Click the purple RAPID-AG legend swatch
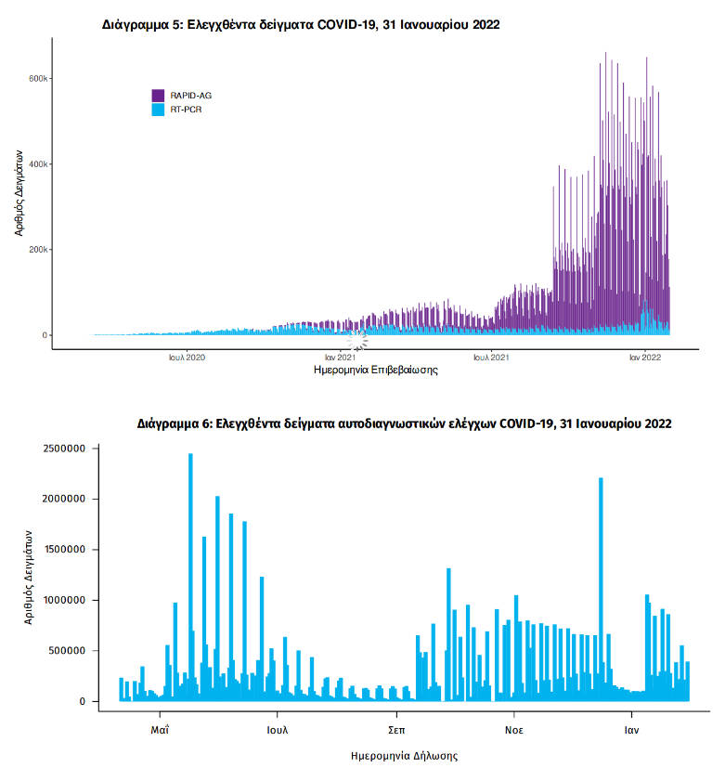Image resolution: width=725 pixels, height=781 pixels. (158, 95)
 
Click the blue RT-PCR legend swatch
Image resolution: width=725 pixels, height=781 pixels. (158, 109)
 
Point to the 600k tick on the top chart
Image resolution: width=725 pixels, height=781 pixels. (38, 78)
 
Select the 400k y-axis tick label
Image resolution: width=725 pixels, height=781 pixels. (38, 164)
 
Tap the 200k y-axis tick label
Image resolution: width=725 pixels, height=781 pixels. (38, 250)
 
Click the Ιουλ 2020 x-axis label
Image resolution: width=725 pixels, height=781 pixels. (187, 357)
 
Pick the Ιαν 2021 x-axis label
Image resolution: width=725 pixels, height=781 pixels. (340, 357)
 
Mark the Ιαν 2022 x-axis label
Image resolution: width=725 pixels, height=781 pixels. (644, 357)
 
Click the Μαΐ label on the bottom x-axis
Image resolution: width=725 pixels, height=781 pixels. (160, 730)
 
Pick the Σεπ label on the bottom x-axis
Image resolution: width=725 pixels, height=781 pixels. (395, 730)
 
